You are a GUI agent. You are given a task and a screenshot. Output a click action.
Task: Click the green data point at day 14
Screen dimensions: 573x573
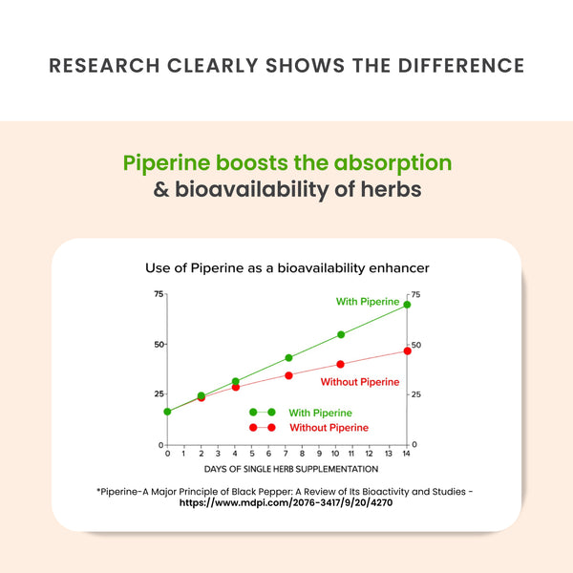tap(407, 305)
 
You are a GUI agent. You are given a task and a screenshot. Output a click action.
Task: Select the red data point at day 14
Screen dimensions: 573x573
tap(407, 350)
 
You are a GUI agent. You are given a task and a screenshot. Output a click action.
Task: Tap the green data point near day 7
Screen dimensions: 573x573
tap(288, 358)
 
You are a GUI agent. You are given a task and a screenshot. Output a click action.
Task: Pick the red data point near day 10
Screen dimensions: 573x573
tap(341, 364)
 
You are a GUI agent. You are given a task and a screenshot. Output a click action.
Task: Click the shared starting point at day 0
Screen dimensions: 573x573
tap(167, 412)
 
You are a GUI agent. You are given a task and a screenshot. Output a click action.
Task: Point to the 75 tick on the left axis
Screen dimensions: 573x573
tap(158, 293)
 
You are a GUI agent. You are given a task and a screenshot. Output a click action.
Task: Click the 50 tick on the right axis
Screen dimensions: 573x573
tap(415, 345)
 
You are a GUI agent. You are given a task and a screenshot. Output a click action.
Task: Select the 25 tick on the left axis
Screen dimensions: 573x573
tap(158, 393)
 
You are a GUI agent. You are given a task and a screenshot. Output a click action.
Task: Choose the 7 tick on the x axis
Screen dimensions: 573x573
tap(287, 454)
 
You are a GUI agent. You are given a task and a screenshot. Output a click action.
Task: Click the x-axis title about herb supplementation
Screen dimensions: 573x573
tap(290, 469)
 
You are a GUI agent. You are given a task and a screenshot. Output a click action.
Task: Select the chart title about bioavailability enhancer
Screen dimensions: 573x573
tap(286, 268)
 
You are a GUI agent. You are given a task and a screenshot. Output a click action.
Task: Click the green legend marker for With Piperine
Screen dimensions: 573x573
tap(263, 413)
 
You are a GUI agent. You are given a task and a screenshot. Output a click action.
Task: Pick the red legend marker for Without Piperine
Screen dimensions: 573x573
tap(263, 428)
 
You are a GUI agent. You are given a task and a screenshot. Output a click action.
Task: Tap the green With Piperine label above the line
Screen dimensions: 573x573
tap(368, 302)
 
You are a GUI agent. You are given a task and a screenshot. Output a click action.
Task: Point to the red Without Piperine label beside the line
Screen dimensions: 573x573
tap(360, 382)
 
